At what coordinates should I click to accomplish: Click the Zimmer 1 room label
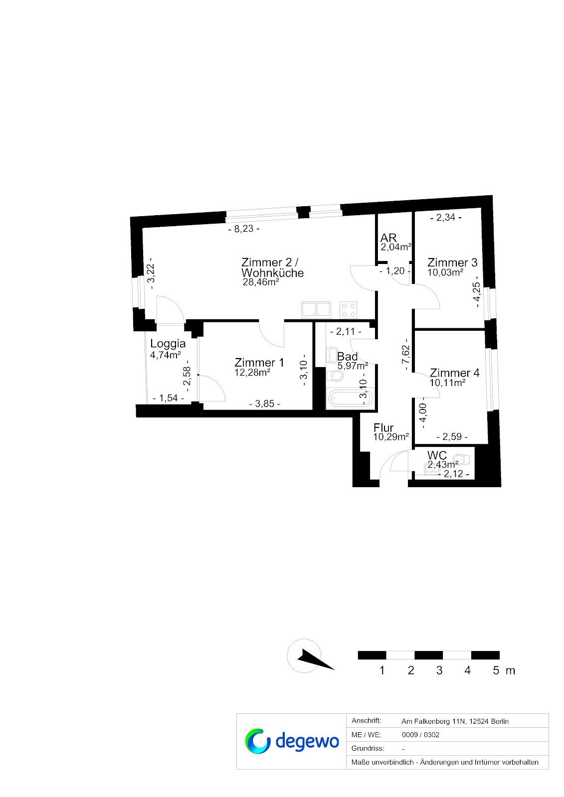tap(259, 363)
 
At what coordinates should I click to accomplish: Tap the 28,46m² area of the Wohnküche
tap(260, 282)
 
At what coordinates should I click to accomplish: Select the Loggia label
tap(168, 343)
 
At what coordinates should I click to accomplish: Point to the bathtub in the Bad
tap(350, 398)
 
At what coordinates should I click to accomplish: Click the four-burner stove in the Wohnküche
tap(348, 309)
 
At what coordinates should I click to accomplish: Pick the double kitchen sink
tap(316, 309)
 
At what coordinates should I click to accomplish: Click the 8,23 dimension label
tap(244, 229)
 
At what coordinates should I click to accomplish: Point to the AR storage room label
tap(388, 238)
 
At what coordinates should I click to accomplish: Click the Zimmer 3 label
tap(452, 263)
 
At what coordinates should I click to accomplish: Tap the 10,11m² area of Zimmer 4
tap(447, 383)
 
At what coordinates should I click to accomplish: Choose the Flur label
tap(383, 427)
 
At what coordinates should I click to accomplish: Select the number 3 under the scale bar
tap(439, 670)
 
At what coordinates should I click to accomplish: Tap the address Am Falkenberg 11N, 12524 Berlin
tap(455, 721)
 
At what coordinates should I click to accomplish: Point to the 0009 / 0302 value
tap(420, 735)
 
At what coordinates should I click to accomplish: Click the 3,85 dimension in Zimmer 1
tap(264, 403)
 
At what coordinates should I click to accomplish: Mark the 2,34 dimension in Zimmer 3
tap(446, 217)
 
